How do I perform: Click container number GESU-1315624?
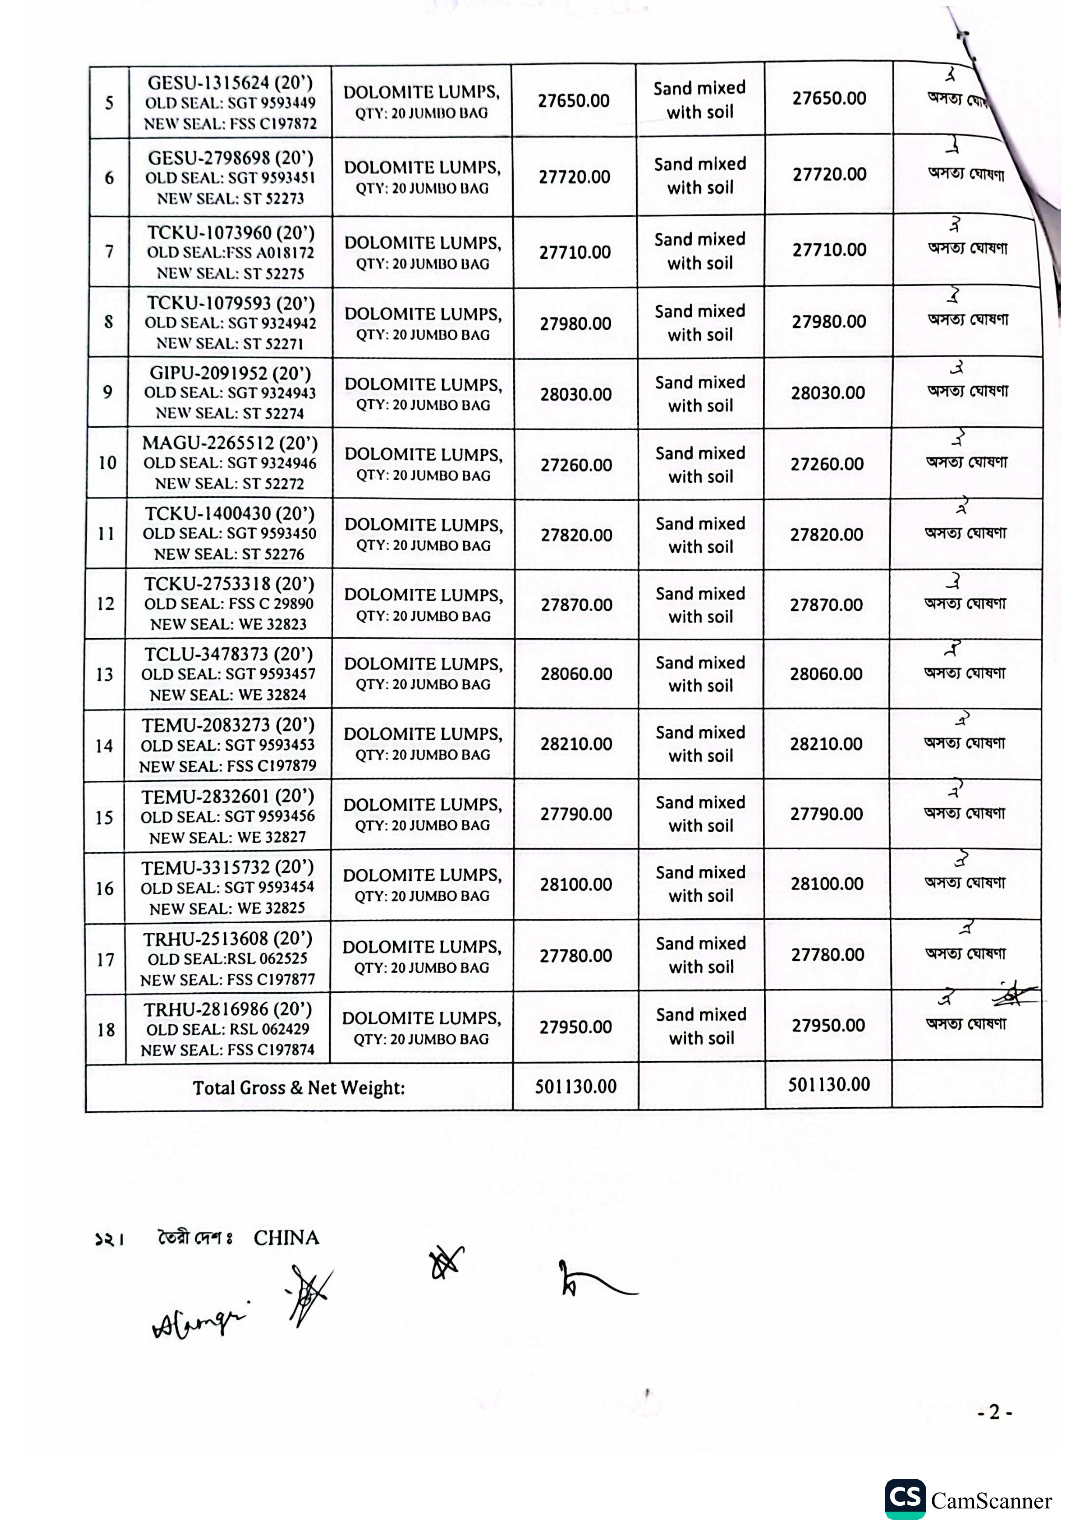[208, 83]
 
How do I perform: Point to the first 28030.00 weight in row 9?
[575, 395]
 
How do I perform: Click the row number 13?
[104, 675]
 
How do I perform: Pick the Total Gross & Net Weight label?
[299, 1088]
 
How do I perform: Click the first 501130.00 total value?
[575, 1086]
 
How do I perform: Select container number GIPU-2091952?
[208, 373]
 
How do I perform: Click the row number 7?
[109, 252]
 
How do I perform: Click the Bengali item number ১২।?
[109, 1240]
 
